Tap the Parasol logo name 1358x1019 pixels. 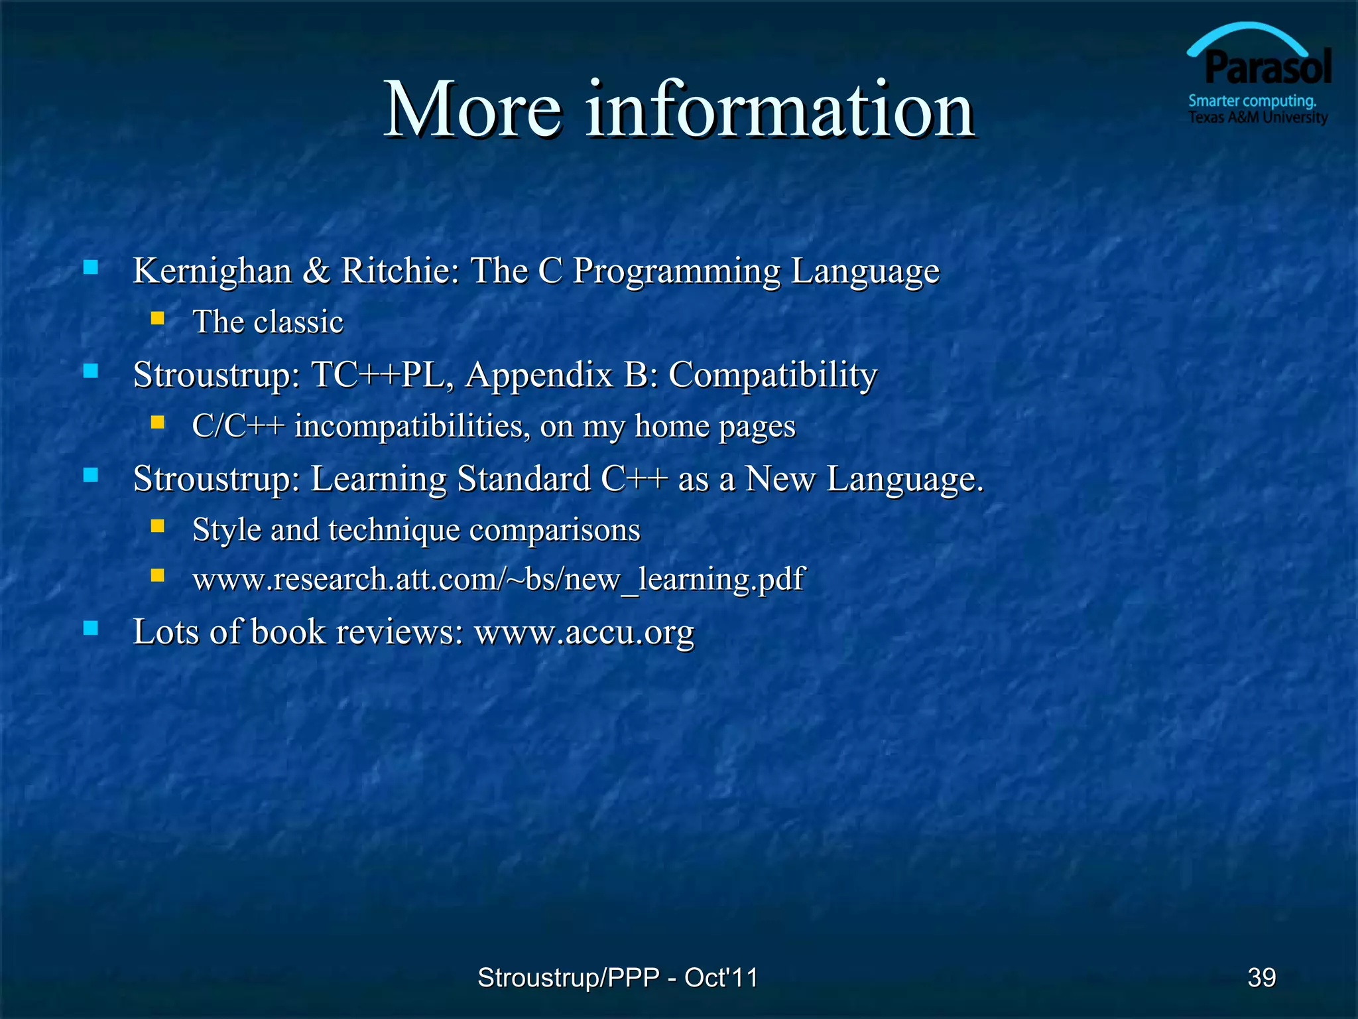click(1268, 68)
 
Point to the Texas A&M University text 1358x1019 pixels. click(1258, 118)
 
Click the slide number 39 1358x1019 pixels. click(1261, 977)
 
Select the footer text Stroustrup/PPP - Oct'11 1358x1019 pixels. click(617, 977)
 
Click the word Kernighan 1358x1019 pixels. click(212, 271)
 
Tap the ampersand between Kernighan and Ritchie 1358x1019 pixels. click(316, 271)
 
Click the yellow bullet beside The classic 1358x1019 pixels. click(157, 319)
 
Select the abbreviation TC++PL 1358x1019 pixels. click(383, 375)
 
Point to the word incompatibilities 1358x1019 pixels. click(412, 426)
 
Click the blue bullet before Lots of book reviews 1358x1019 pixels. click(91, 628)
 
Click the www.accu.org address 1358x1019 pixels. click(584, 632)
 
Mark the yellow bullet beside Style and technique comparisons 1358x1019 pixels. click(157, 527)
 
